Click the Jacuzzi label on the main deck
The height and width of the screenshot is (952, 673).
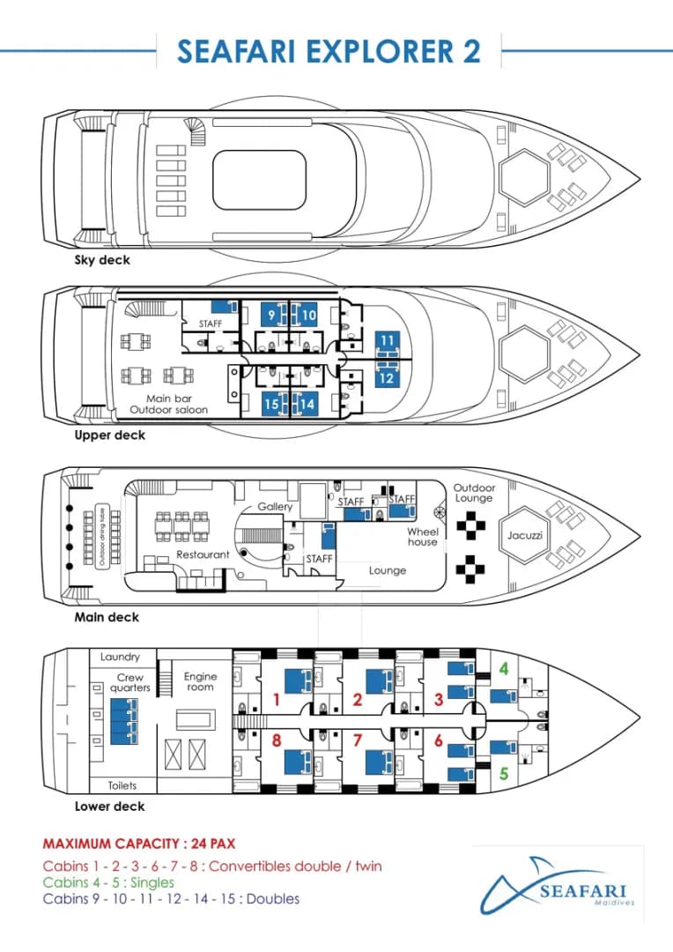point(525,536)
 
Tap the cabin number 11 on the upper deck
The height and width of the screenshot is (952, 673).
point(388,340)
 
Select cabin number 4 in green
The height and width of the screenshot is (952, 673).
point(504,669)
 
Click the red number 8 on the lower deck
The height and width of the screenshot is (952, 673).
point(277,740)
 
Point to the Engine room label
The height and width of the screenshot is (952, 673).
point(200,681)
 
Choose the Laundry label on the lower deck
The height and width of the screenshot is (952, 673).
point(120,657)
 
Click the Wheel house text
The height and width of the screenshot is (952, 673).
point(422,537)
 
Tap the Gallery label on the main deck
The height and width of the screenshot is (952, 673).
point(275,506)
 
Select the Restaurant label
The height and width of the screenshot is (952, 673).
point(203,554)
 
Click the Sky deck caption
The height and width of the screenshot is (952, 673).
point(102,260)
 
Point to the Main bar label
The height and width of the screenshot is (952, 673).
point(169,399)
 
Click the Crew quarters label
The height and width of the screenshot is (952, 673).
point(129,682)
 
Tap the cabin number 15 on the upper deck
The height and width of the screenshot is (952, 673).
point(271,405)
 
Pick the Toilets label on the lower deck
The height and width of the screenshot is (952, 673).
point(122,785)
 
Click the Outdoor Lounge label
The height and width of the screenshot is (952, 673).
point(474,493)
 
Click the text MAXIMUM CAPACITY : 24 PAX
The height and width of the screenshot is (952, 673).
point(139,844)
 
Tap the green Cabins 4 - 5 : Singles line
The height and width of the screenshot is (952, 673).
point(108,882)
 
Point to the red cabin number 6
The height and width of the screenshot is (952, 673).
point(439,740)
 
